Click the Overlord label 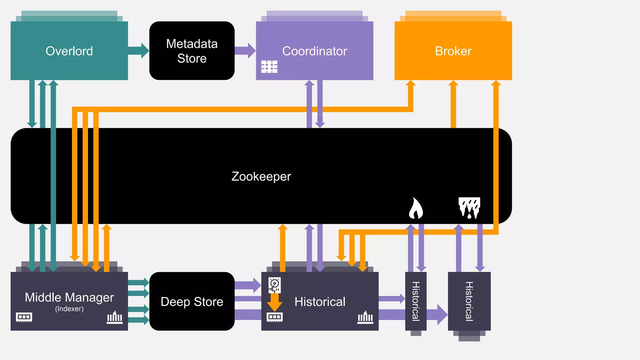tap(69, 51)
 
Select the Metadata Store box tap(192, 51)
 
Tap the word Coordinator tap(314, 51)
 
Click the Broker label tap(453, 51)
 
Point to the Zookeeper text tap(261, 176)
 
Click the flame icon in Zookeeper tap(416, 208)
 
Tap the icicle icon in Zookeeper tap(469, 207)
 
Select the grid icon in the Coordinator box tap(269, 67)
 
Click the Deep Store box tap(192, 302)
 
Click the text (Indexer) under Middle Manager tap(69, 309)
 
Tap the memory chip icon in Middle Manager tap(24, 317)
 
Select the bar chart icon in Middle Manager tap(115, 317)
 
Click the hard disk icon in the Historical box tap(274, 285)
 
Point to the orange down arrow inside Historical tap(274, 302)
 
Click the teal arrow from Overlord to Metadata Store tap(138, 51)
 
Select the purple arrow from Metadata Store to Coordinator tap(245, 51)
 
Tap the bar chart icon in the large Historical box tap(365, 317)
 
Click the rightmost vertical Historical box tap(469, 301)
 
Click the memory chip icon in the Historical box tap(274, 317)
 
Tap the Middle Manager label tap(69, 297)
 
